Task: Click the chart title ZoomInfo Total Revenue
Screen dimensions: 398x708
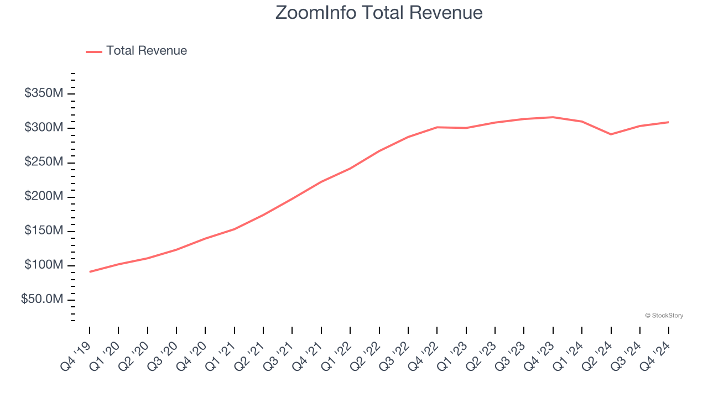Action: (x=379, y=13)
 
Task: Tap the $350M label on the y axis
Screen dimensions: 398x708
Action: (x=44, y=93)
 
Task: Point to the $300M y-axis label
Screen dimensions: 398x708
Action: (x=44, y=128)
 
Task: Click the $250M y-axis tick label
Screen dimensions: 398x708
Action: (x=44, y=162)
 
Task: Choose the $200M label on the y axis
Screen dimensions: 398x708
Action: (x=44, y=197)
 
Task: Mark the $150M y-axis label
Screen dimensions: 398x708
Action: (x=44, y=231)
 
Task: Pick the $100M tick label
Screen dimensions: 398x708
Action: (x=44, y=265)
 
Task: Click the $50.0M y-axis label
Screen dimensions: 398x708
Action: (x=42, y=300)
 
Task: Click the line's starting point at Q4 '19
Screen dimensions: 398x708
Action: (x=90, y=271)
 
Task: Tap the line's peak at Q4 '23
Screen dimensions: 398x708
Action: (x=553, y=117)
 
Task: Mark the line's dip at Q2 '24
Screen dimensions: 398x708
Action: (x=611, y=134)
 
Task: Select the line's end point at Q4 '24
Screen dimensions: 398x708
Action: (x=668, y=122)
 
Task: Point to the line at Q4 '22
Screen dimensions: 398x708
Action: (x=437, y=127)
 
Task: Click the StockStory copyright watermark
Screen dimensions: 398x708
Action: (x=664, y=316)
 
